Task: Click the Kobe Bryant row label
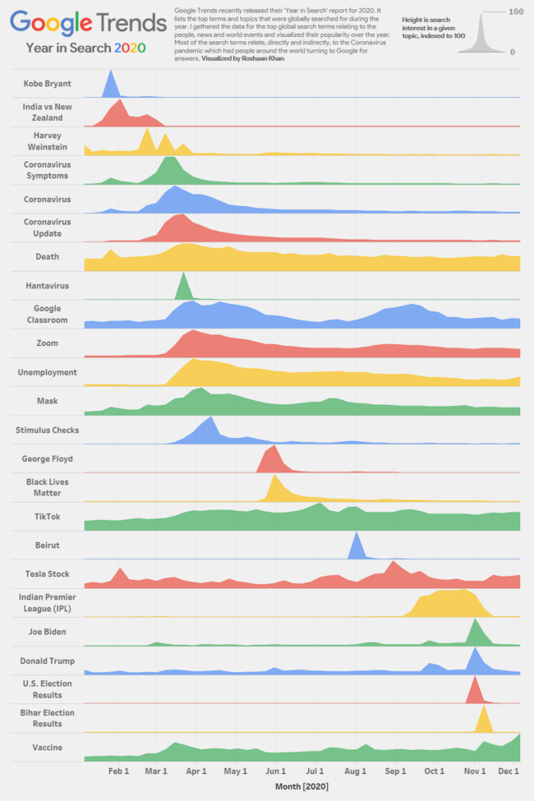[47, 83]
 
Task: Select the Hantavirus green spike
[183, 288]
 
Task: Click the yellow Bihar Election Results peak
[484, 720]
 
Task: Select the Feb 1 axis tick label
[118, 771]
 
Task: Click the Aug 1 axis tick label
[355, 771]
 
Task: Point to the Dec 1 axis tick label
[509, 771]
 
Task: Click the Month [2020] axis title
[302, 787]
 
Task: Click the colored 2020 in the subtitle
[130, 48]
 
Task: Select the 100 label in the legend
[516, 12]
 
